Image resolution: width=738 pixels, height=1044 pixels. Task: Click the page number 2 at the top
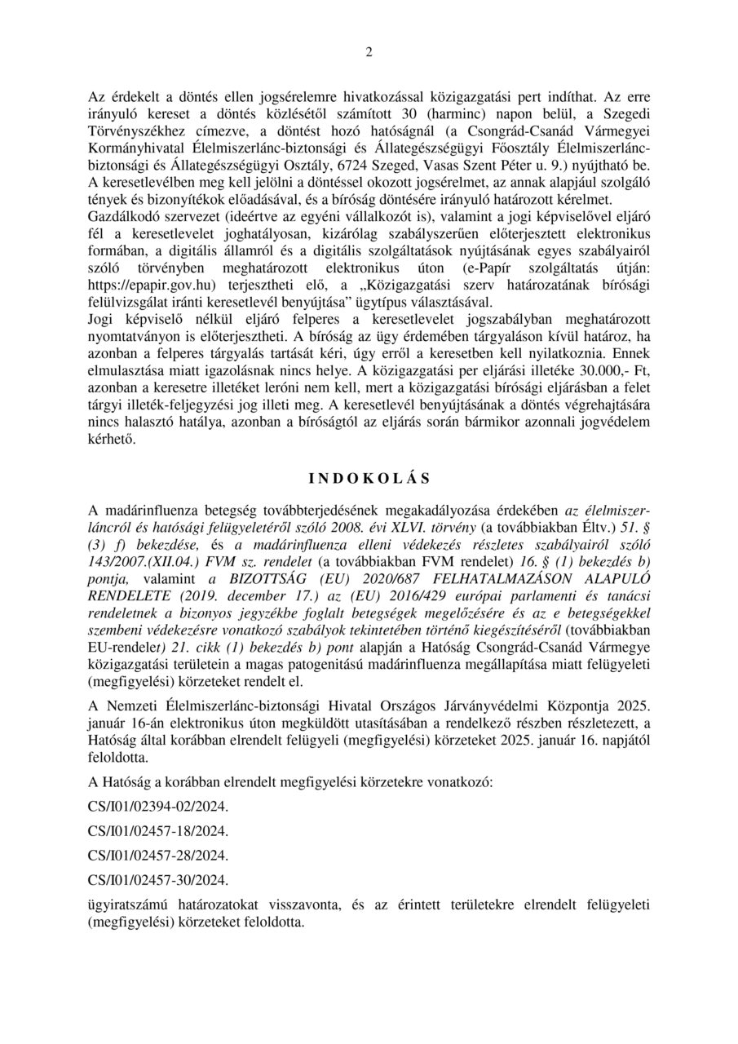pos(369,53)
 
